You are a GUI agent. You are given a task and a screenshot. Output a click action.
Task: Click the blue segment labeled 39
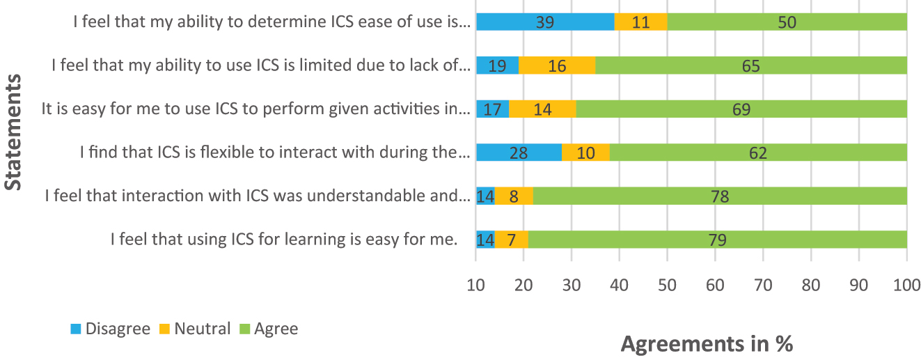pyautogui.click(x=545, y=22)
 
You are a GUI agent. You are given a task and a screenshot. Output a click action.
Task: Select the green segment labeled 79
pyautogui.click(x=718, y=240)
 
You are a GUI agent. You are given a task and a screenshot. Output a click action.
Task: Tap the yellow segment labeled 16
pyautogui.click(x=556, y=66)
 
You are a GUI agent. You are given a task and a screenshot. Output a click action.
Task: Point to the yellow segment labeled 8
pyautogui.click(x=513, y=197)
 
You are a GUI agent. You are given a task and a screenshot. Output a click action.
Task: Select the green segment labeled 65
pyautogui.click(x=750, y=66)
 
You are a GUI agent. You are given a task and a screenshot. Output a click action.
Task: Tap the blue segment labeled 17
pyautogui.click(x=492, y=109)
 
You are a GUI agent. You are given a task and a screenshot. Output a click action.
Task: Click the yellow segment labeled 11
pyautogui.click(x=640, y=22)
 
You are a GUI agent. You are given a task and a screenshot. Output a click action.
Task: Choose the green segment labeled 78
pyautogui.click(x=720, y=197)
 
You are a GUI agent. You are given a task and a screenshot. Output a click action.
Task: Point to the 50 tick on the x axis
pyautogui.click(x=667, y=284)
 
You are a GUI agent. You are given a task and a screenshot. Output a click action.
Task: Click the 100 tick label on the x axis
pyautogui.click(x=906, y=284)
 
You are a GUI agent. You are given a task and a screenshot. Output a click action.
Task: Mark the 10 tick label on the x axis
pyautogui.click(x=475, y=284)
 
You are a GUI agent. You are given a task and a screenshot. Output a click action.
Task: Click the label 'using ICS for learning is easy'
pyautogui.click(x=284, y=240)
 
